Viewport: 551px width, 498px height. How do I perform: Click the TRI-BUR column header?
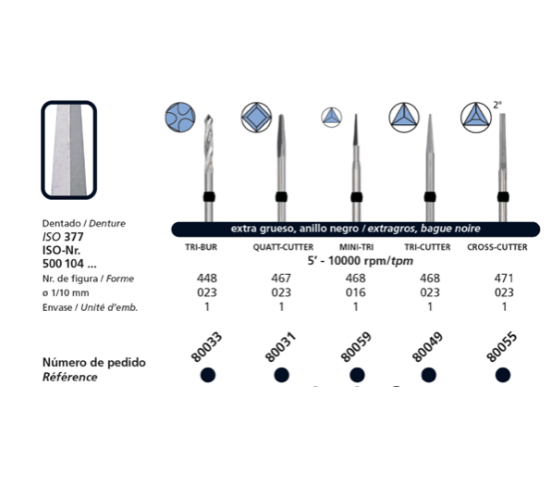click(x=201, y=247)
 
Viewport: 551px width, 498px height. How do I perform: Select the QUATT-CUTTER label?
click(x=283, y=247)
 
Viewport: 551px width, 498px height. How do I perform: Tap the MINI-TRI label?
click(x=356, y=247)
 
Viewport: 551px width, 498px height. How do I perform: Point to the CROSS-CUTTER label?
click(x=497, y=247)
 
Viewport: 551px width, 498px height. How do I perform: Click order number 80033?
click(x=206, y=347)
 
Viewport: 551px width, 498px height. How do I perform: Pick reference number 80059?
click(x=356, y=347)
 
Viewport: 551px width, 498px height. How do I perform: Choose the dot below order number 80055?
click(x=503, y=375)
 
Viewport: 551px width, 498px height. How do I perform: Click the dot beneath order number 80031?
click(x=281, y=375)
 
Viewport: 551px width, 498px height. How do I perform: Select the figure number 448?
click(x=207, y=279)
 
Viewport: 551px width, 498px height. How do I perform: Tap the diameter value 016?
click(x=356, y=293)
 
